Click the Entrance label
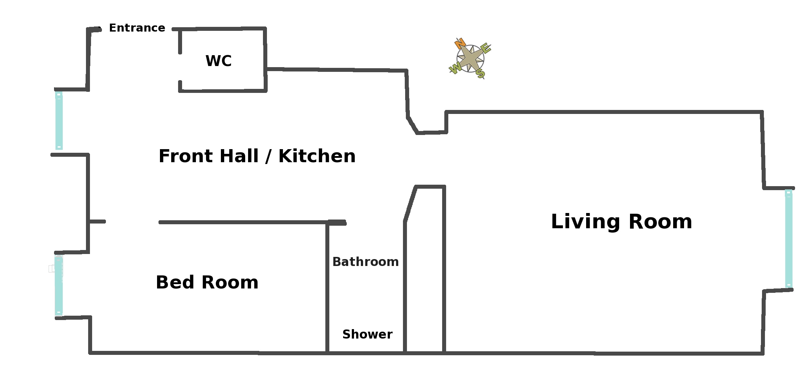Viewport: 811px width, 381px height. pos(137,28)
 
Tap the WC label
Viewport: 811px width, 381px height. pos(218,61)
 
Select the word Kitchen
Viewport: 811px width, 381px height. pos(317,156)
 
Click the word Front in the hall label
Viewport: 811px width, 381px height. pos(185,156)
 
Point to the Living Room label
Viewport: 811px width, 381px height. pos(621,222)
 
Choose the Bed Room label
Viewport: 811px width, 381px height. pos(207,282)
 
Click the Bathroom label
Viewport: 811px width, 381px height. pos(365,262)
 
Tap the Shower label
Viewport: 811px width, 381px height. pos(367,334)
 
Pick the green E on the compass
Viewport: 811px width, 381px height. pos(486,48)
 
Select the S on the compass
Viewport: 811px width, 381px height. pos(480,74)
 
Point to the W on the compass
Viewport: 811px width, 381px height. pos(455,67)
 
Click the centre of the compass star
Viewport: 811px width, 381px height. pos(470,58)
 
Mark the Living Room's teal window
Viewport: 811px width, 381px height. pos(789,238)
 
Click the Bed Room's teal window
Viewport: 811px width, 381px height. pos(59,285)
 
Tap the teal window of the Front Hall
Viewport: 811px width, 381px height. pos(59,120)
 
